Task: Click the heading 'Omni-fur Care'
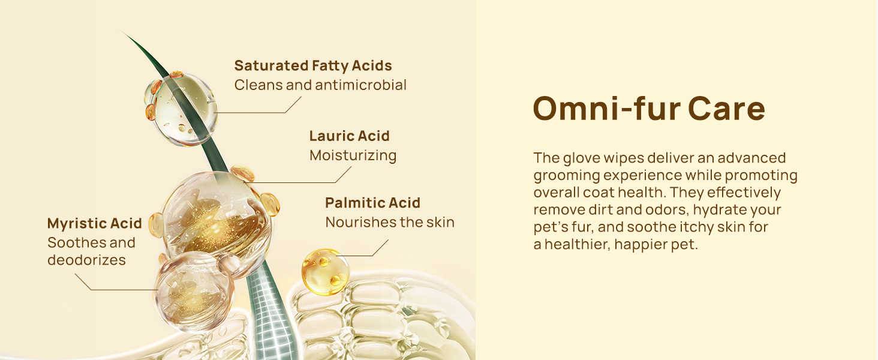click(x=649, y=109)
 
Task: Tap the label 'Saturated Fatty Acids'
click(x=313, y=66)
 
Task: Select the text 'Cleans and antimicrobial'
click(x=320, y=85)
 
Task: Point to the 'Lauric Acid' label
click(x=349, y=136)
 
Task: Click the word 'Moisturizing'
click(x=353, y=155)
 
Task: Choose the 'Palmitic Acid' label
click(x=372, y=203)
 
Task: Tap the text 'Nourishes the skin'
click(x=390, y=223)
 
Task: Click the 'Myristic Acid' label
click(x=95, y=224)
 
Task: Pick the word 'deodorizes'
click(x=86, y=260)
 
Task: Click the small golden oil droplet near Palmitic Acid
click(x=325, y=271)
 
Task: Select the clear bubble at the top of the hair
click(x=181, y=109)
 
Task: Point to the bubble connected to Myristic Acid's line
click(x=194, y=291)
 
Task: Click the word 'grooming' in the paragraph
click(x=566, y=176)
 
